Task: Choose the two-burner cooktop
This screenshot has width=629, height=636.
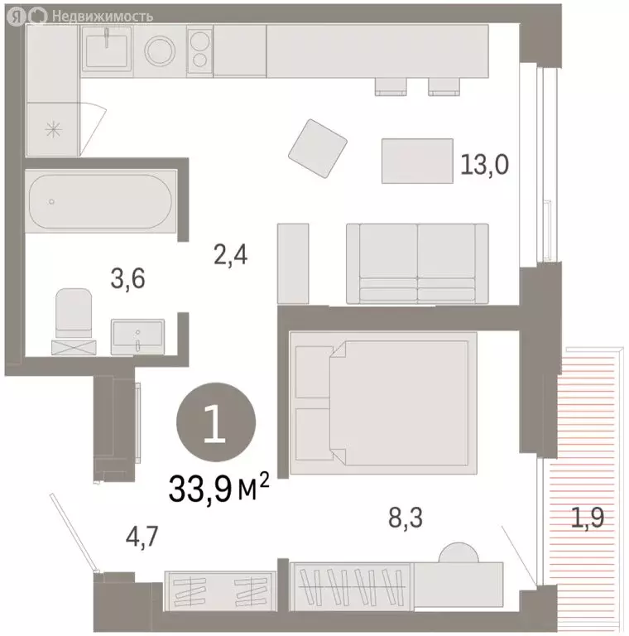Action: pos(199,51)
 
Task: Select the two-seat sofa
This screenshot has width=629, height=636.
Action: pos(418,263)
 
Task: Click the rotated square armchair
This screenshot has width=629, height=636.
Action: pos(318,150)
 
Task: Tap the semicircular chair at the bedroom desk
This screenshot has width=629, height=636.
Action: pos(457,553)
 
